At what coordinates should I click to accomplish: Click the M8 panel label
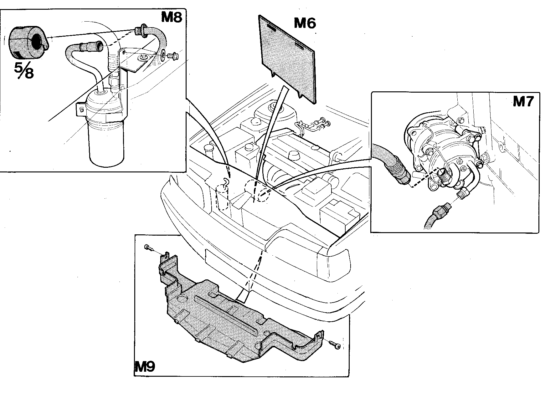pyautogui.click(x=171, y=17)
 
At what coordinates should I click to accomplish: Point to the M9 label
pyautogui.click(x=145, y=366)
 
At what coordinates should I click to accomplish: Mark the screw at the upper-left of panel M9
pyautogui.click(x=149, y=248)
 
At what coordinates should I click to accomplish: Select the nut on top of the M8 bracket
pyautogui.click(x=144, y=57)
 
